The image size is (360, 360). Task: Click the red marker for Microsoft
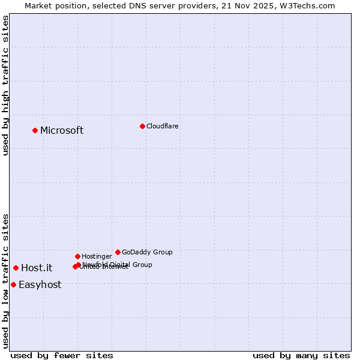coord(35,130)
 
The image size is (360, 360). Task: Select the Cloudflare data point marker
coord(142,126)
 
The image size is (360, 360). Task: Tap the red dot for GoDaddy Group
coord(118,252)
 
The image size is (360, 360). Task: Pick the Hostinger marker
coord(77,256)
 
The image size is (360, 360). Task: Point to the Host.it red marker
coord(16,268)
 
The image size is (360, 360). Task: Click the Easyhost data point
coord(13,284)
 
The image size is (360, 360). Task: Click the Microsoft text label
coord(62,131)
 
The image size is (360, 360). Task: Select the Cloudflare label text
coord(162,126)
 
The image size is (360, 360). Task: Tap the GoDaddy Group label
coord(147,252)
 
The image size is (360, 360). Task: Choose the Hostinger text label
coord(97,256)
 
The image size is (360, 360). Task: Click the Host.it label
coord(37,268)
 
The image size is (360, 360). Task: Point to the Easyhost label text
coord(40,285)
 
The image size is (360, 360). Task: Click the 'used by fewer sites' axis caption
coord(62,355)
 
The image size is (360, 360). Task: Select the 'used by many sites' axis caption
coord(301,355)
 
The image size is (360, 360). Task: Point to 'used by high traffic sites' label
coord(5,86)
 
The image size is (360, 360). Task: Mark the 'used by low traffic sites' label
coord(5,281)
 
